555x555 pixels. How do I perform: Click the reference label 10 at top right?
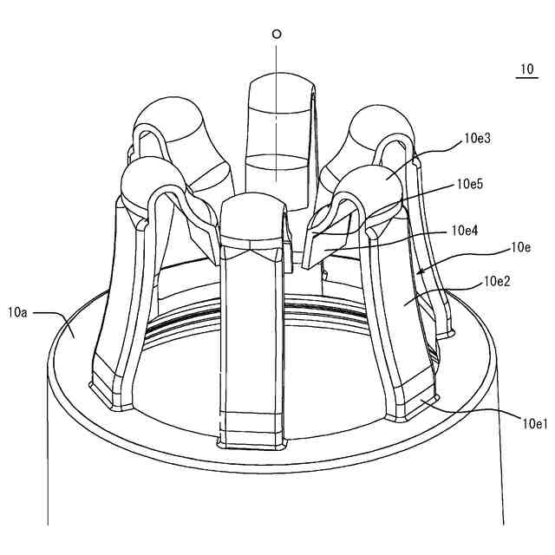[526, 69]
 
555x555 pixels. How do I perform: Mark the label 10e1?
[532, 423]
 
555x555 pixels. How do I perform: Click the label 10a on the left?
[19, 310]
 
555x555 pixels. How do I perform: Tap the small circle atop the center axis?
[277, 35]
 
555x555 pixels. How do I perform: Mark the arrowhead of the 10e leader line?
[420, 271]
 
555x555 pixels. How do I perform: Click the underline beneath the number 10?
[526, 79]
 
